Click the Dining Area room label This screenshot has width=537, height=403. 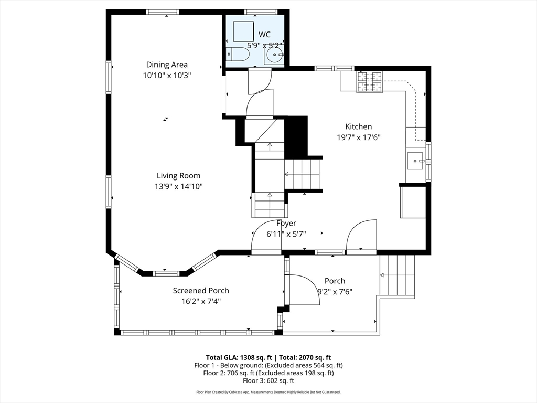167,65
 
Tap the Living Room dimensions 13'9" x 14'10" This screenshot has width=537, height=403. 178,186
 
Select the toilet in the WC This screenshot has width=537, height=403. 239,54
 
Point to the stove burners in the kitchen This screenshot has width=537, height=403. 369,81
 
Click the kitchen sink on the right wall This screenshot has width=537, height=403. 416,160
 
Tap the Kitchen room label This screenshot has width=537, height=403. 359,126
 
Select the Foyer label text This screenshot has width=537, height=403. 286,224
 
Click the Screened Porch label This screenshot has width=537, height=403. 201,290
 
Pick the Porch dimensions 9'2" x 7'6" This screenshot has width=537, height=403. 335,291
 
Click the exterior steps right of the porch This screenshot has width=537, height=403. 398,275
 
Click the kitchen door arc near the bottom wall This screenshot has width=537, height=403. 362,237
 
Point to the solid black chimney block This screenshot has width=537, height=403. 296,135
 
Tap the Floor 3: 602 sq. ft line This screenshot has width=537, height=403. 268,381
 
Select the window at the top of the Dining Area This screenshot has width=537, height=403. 163,12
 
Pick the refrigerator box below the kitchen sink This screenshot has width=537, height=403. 413,201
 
